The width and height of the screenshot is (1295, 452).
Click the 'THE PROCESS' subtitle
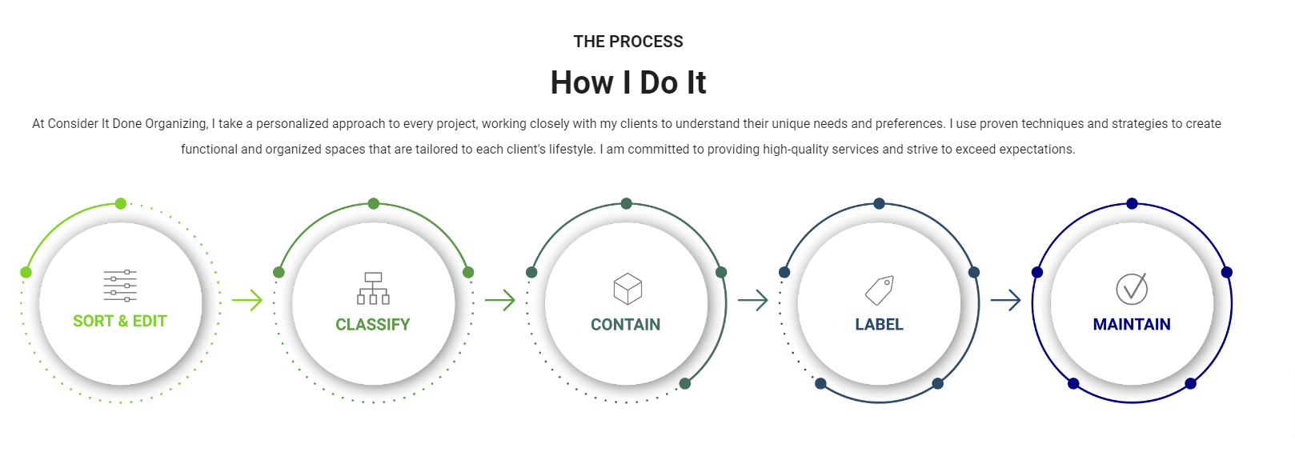coord(627,42)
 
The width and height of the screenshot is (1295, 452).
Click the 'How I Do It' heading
coord(627,82)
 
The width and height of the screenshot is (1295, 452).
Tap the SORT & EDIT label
coord(120,321)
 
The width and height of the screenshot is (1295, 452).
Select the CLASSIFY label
coord(372,324)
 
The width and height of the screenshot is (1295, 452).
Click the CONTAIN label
coord(625,324)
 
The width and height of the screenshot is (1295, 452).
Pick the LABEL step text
coord(879,324)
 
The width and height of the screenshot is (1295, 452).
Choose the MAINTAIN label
coord(1131,324)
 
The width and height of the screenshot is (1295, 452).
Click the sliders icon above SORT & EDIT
coord(120,286)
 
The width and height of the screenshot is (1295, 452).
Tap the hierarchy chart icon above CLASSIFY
coord(373,288)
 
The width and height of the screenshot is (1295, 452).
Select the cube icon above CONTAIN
coord(627,289)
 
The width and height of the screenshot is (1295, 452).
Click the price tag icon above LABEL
coord(880,290)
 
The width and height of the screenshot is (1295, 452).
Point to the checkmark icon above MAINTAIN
coord(1132,288)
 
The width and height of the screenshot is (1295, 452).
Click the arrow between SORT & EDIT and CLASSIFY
coord(247,301)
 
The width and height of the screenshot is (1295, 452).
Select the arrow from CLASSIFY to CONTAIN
coord(500,301)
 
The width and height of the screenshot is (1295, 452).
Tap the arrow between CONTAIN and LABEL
coord(753,301)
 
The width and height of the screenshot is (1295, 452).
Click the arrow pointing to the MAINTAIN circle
coord(1006,301)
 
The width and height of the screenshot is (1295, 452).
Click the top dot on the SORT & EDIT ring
coord(121,204)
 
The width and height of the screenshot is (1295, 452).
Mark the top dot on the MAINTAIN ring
coord(1132,204)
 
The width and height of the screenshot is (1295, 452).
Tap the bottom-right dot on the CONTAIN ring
coord(685,384)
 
